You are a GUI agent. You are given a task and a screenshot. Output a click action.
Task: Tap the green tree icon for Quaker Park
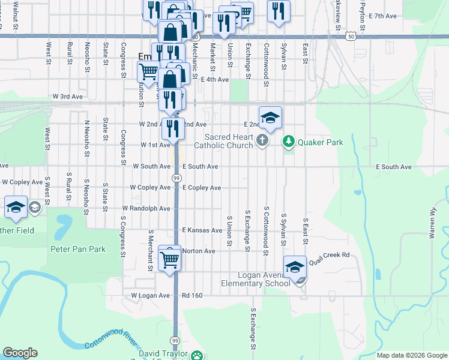click(x=289, y=142)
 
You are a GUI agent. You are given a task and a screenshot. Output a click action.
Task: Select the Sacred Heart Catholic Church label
click(x=223, y=141)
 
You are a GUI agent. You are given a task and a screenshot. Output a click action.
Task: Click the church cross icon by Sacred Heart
click(x=262, y=141)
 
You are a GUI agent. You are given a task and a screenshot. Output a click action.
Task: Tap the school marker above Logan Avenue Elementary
click(x=295, y=266)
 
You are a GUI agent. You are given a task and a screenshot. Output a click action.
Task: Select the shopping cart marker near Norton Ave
click(x=170, y=259)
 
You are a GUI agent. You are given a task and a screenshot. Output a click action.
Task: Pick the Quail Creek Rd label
click(x=329, y=254)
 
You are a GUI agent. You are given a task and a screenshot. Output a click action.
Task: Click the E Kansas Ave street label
click(x=202, y=230)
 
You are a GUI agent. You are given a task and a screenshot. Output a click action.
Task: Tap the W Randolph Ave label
click(x=146, y=209)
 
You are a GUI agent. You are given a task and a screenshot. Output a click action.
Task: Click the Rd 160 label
click(x=193, y=295)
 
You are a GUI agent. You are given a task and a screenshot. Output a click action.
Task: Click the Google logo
click(x=20, y=353)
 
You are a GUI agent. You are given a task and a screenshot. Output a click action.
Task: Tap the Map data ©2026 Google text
click(x=411, y=355)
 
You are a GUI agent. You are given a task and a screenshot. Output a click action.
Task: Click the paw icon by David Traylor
click(x=197, y=356)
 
